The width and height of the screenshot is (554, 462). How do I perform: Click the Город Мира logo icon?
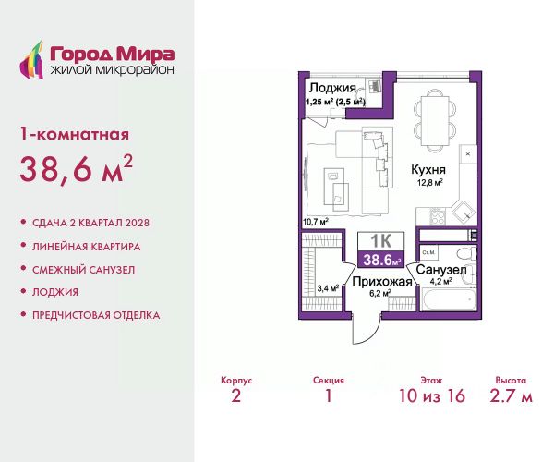click(31, 60)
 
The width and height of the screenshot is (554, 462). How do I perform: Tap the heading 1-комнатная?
click(75, 135)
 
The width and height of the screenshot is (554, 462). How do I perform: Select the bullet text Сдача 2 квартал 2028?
click(90, 223)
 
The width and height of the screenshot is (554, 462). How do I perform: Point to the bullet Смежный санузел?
click(84, 270)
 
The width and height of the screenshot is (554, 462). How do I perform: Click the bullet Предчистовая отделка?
click(96, 315)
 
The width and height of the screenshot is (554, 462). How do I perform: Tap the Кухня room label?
click(428, 170)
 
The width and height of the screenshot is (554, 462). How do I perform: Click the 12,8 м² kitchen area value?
click(430, 183)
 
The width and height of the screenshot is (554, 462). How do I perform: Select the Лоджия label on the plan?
click(332, 88)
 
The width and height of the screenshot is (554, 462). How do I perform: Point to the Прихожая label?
click(382, 282)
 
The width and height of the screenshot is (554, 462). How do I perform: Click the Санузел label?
click(441, 270)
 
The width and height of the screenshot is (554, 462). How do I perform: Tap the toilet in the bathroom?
click(466, 253)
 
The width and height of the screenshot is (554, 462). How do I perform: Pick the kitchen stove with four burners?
click(438, 216)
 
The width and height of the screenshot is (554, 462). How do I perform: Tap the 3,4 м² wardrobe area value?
click(328, 288)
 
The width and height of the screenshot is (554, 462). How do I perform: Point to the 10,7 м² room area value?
click(316, 222)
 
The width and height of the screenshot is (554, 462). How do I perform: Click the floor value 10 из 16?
click(432, 395)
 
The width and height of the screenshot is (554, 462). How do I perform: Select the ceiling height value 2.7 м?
click(511, 395)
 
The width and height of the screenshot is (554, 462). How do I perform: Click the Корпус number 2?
click(236, 395)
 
